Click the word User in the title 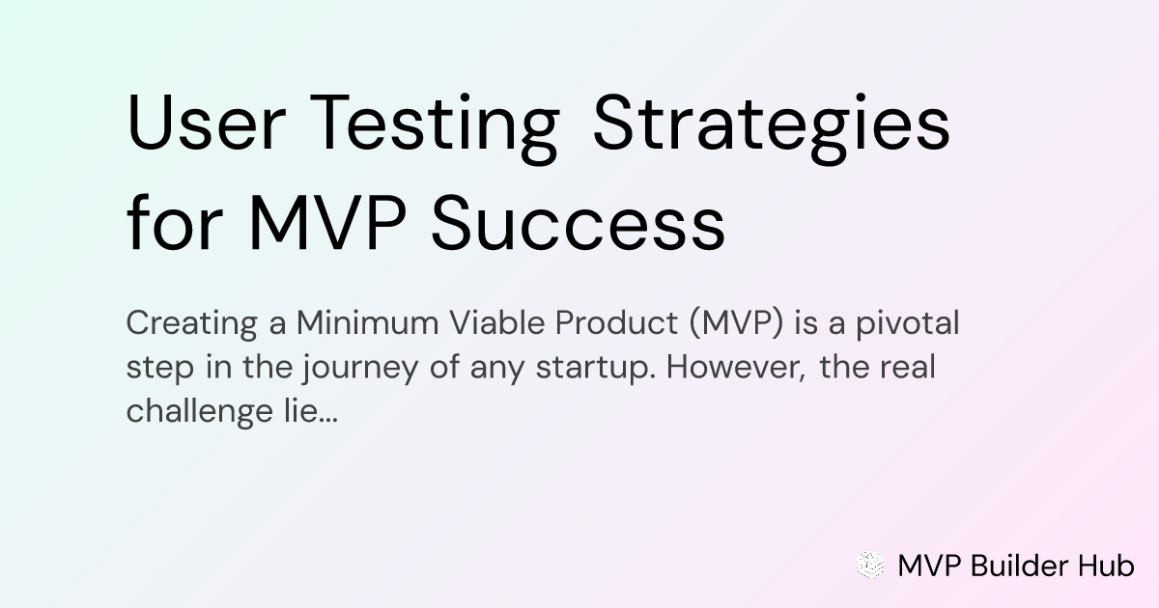tap(206, 122)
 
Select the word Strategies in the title tap(772, 128)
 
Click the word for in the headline tap(175, 222)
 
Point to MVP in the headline tap(327, 223)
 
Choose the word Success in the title tap(578, 223)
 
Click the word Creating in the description tap(192, 324)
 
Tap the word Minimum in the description tap(367, 323)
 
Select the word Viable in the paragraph tap(497, 323)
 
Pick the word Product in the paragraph tap(616, 323)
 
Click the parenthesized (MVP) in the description tap(736, 324)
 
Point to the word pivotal tap(908, 324)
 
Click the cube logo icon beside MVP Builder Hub tap(871, 565)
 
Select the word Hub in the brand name tap(1106, 566)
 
